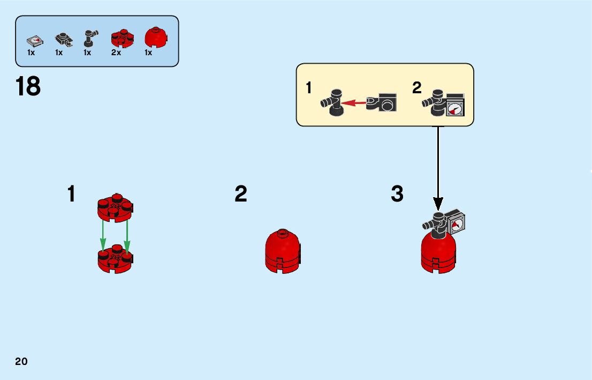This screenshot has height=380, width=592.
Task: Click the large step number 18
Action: point(28,86)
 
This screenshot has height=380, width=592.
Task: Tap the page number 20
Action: point(21,361)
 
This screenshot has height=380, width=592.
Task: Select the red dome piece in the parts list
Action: point(155,38)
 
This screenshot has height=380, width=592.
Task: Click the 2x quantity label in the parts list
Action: point(116,53)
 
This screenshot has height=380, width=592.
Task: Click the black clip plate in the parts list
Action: point(63,40)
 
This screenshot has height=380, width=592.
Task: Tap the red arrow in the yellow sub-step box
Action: point(354,102)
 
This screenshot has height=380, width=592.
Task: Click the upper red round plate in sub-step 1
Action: point(115,207)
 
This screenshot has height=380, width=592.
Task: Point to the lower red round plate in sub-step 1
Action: point(115,258)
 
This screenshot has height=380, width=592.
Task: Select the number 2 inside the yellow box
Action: point(417,88)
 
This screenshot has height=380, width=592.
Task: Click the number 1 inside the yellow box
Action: point(309,88)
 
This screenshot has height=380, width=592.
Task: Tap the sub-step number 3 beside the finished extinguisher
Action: point(397,194)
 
